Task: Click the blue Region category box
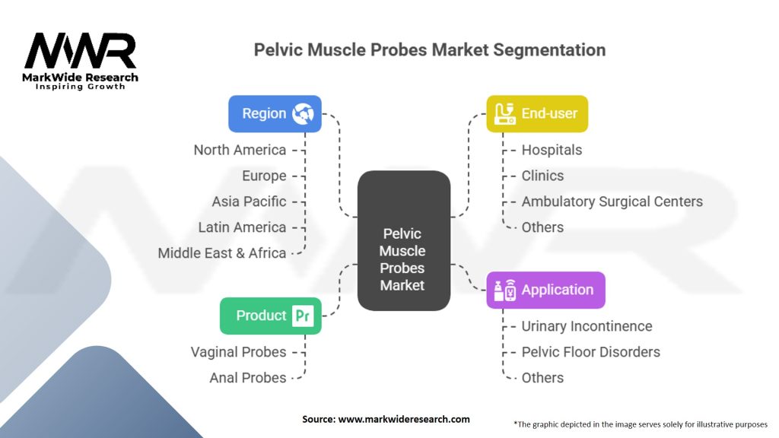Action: pyautogui.click(x=275, y=114)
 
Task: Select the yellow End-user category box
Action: pyautogui.click(x=537, y=114)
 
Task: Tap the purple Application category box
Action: pyautogui.click(x=545, y=290)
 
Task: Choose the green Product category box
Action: pyautogui.click(x=270, y=316)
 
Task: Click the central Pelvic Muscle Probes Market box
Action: pyautogui.click(x=404, y=241)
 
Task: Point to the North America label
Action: pyautogui.click(x=240, y=150)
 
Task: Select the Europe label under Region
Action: pyautogui.click(x=264, y=176)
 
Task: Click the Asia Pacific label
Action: pyautogui.click(x=249, y=202)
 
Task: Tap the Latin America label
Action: pyautogui.click(x=243, y=227)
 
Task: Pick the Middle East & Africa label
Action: pyautogui.click(x=222, y=253)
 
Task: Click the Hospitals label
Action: pyautogui.click(x=552, y=150)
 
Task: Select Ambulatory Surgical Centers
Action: pyautogui.click(x=612, y=202)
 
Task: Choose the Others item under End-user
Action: pyautogui.click(x=542, y=227)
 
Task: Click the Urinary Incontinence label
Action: pyautogui.click(x=587, y=326)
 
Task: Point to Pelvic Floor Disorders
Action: pyautogui.click(x=590, y=352)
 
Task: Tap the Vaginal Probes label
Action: pyautogui.click(x=238, y=352)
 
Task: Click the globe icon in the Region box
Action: pyautogui.click(x=303, y=114)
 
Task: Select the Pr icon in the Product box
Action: pyautogui.click(x=303, y=316)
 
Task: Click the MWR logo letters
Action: pyautogui.click(x=81, y=51)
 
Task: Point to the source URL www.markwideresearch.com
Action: pyautogui.click(x=404, y=419)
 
